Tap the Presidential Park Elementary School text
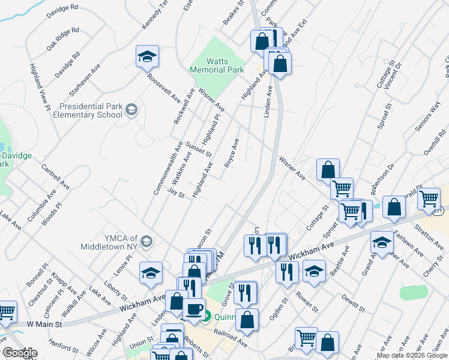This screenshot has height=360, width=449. click(88, 110)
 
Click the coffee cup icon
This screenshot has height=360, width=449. click(194, 309)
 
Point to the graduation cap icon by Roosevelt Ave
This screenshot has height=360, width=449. click(147, 57)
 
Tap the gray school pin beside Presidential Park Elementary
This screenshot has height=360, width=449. click(131, 110)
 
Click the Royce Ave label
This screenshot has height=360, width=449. click(232, 153)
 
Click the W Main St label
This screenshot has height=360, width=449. click(45, 324)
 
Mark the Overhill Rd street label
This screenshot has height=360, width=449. click(435, 142)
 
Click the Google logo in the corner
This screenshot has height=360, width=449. click(20, 353)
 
